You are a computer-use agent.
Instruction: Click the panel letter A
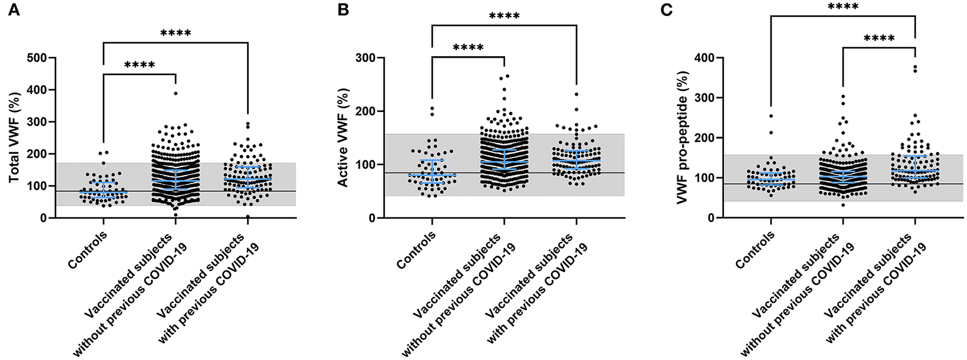pos(14,10)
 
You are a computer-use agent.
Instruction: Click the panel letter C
pos(666,10)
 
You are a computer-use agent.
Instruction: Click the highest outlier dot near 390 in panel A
pos(176,93)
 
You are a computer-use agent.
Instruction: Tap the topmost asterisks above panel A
pos(176,33)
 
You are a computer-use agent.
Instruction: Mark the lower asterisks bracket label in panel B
pos(468,48)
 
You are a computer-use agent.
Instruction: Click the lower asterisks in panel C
pos(879,38)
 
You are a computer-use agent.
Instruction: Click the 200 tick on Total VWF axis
pos(38,154)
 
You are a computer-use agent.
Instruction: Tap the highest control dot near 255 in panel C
pos(771,116)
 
